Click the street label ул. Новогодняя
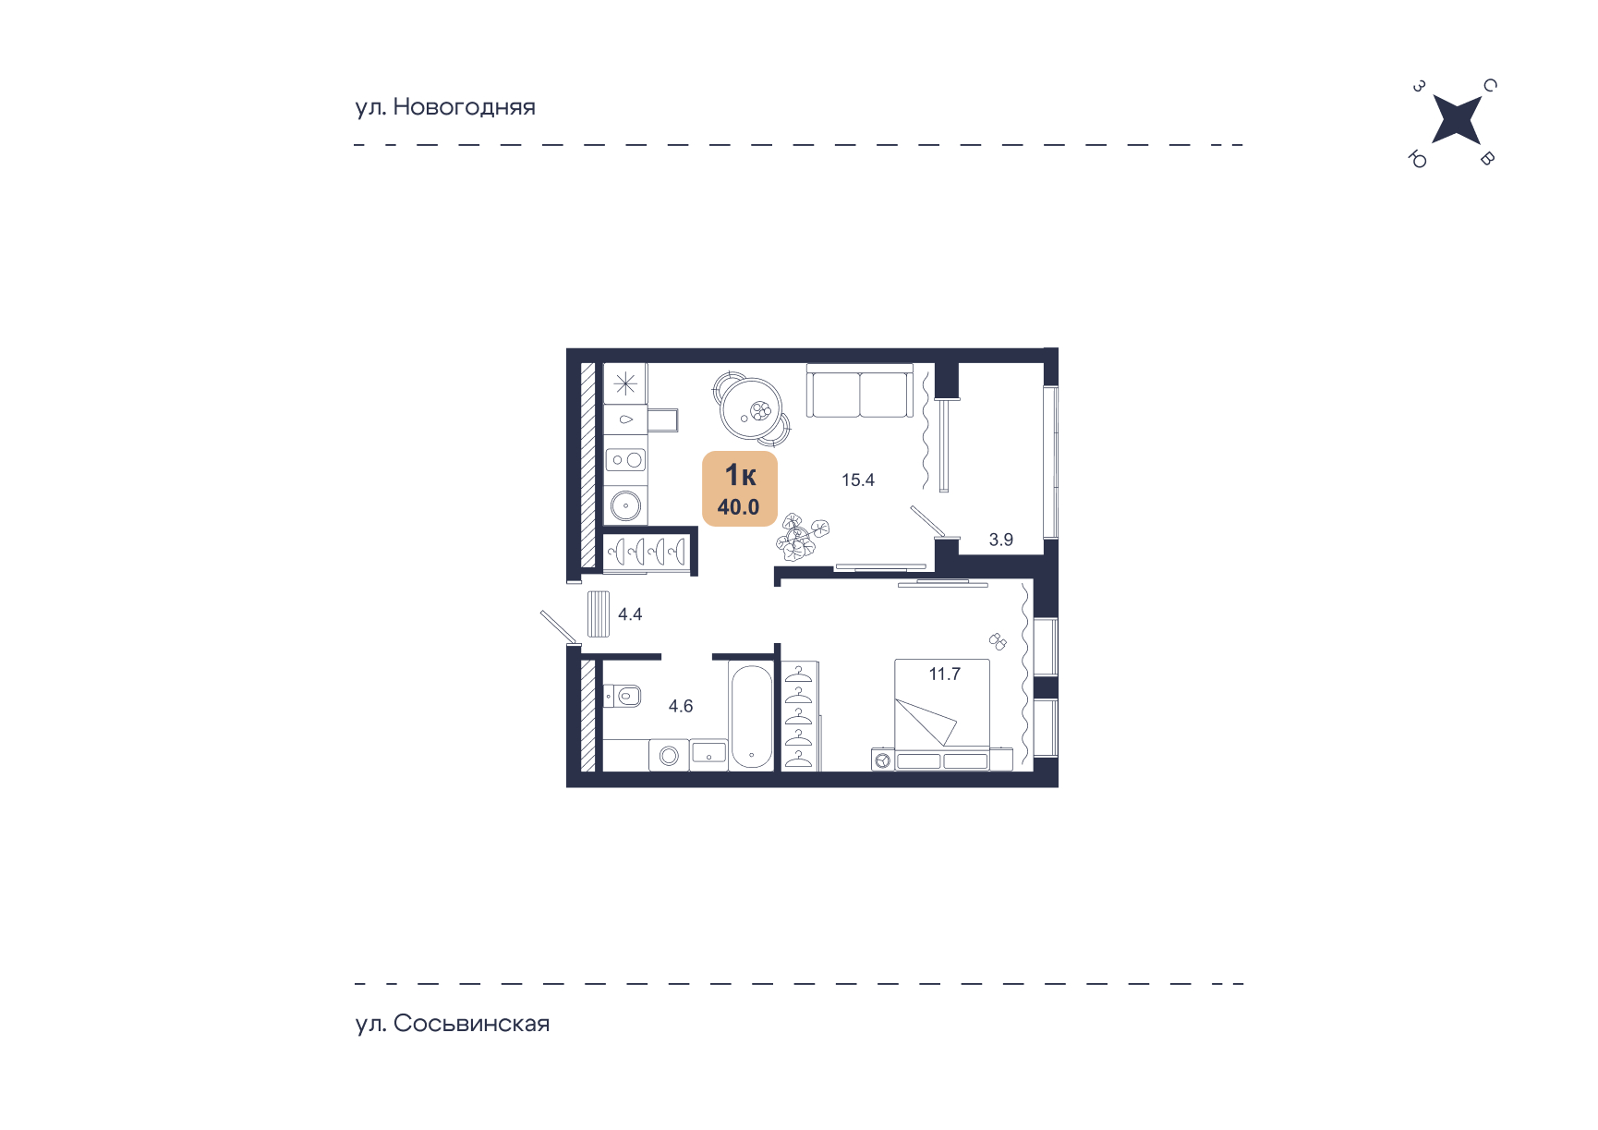[445, 107]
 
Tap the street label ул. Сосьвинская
[453, 1024]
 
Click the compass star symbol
[1456, 120]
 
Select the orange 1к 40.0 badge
[740, 489]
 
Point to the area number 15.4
[857, 480]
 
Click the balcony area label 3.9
[1001, 540]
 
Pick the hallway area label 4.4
[630, 614]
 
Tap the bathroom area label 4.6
[681, 706]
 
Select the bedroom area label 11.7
[945, 674]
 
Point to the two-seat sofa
[860, 392]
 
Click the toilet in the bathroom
[623, 695]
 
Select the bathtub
[750, 717]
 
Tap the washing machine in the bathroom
[669, 755]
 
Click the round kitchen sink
[625, 505]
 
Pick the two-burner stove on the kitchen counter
[625, 459]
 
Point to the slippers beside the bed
[998, 640]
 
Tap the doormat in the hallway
[599, 614]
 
